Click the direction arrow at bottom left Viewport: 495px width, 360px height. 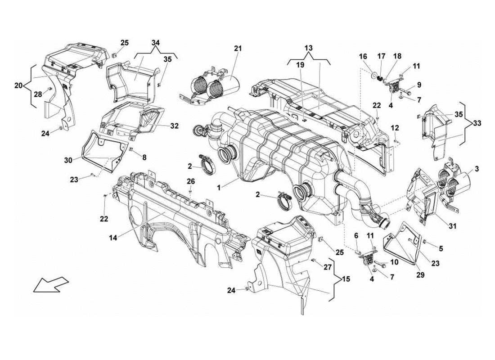pyautogui.click(x=50, y=284)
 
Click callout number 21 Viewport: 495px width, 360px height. pyautogui.click(x=238, y=48)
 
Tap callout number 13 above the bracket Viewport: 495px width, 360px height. pyautogui.click(x=308, y=48)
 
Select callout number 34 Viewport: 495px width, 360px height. pyautogui.click(x=156, y=43)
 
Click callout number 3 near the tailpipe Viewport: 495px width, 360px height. pyautogui.click(x=477, y=168)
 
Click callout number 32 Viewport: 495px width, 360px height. pyautogui.click(x=175, y=126)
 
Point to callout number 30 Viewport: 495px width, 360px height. pyautogui.click(x=68, y=159)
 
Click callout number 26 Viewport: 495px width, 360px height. pyautogui.click(x=191, y=181)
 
